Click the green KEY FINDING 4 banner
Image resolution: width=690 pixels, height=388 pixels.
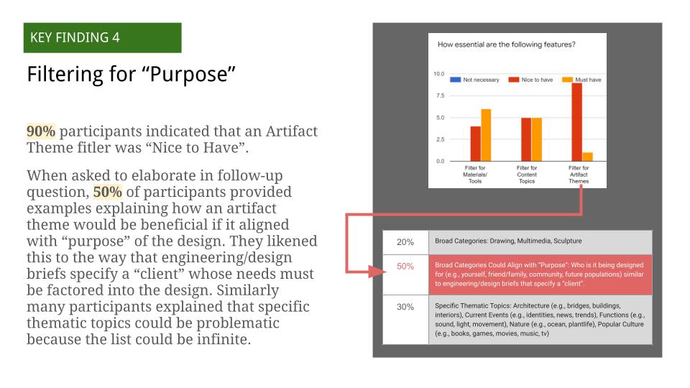(x=102, y=38)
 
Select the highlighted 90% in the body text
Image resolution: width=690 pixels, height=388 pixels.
(x=41, y=131)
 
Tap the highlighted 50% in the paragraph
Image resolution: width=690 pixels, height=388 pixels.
(x=107, y=192)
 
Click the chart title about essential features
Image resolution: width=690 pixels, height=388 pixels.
(x=506, y=45)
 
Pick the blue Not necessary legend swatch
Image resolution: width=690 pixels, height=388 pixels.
(x=455, y=80)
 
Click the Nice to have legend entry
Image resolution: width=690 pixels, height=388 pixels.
(x=530, y=80)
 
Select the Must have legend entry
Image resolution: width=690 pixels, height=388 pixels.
(x=581, y=80)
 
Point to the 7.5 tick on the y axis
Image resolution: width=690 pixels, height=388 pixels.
(x=440, y=96)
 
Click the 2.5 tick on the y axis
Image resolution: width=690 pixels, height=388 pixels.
(x=440, y=139)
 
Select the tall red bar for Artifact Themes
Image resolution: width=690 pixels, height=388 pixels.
(x=576, y=122)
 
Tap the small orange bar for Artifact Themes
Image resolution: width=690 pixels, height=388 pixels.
(x=587, y=157)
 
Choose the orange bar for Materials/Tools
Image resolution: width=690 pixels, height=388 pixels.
(x=486, y=135)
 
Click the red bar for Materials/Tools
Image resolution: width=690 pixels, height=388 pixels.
(x=475, y=144)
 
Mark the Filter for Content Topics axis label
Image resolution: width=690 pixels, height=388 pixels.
(x=527, y=175)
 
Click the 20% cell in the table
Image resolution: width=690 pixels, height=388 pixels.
(x=405, y=242)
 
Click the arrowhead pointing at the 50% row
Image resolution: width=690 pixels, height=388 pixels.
(x=378, y=272)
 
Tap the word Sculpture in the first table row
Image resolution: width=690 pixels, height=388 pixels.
(x=568, y=241)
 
